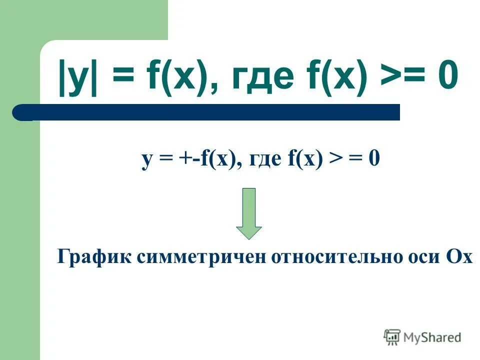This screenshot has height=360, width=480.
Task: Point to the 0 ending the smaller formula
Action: pos(373,160)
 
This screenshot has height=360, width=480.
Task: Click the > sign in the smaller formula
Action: pos(334,160)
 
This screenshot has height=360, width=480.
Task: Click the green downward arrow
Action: pos(248,213)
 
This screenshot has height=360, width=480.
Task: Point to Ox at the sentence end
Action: pos(458,257)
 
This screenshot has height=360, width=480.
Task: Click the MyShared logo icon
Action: pos(392,337)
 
